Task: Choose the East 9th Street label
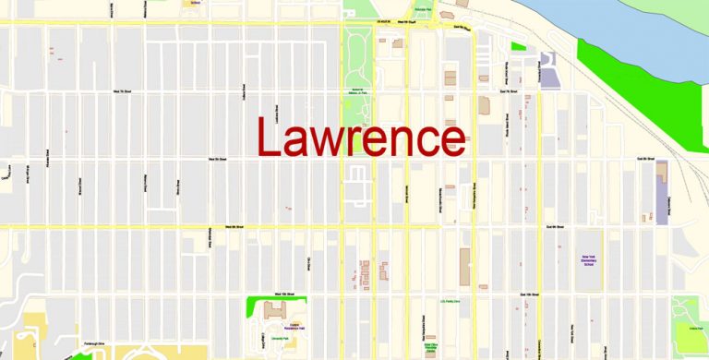(553, 225)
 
